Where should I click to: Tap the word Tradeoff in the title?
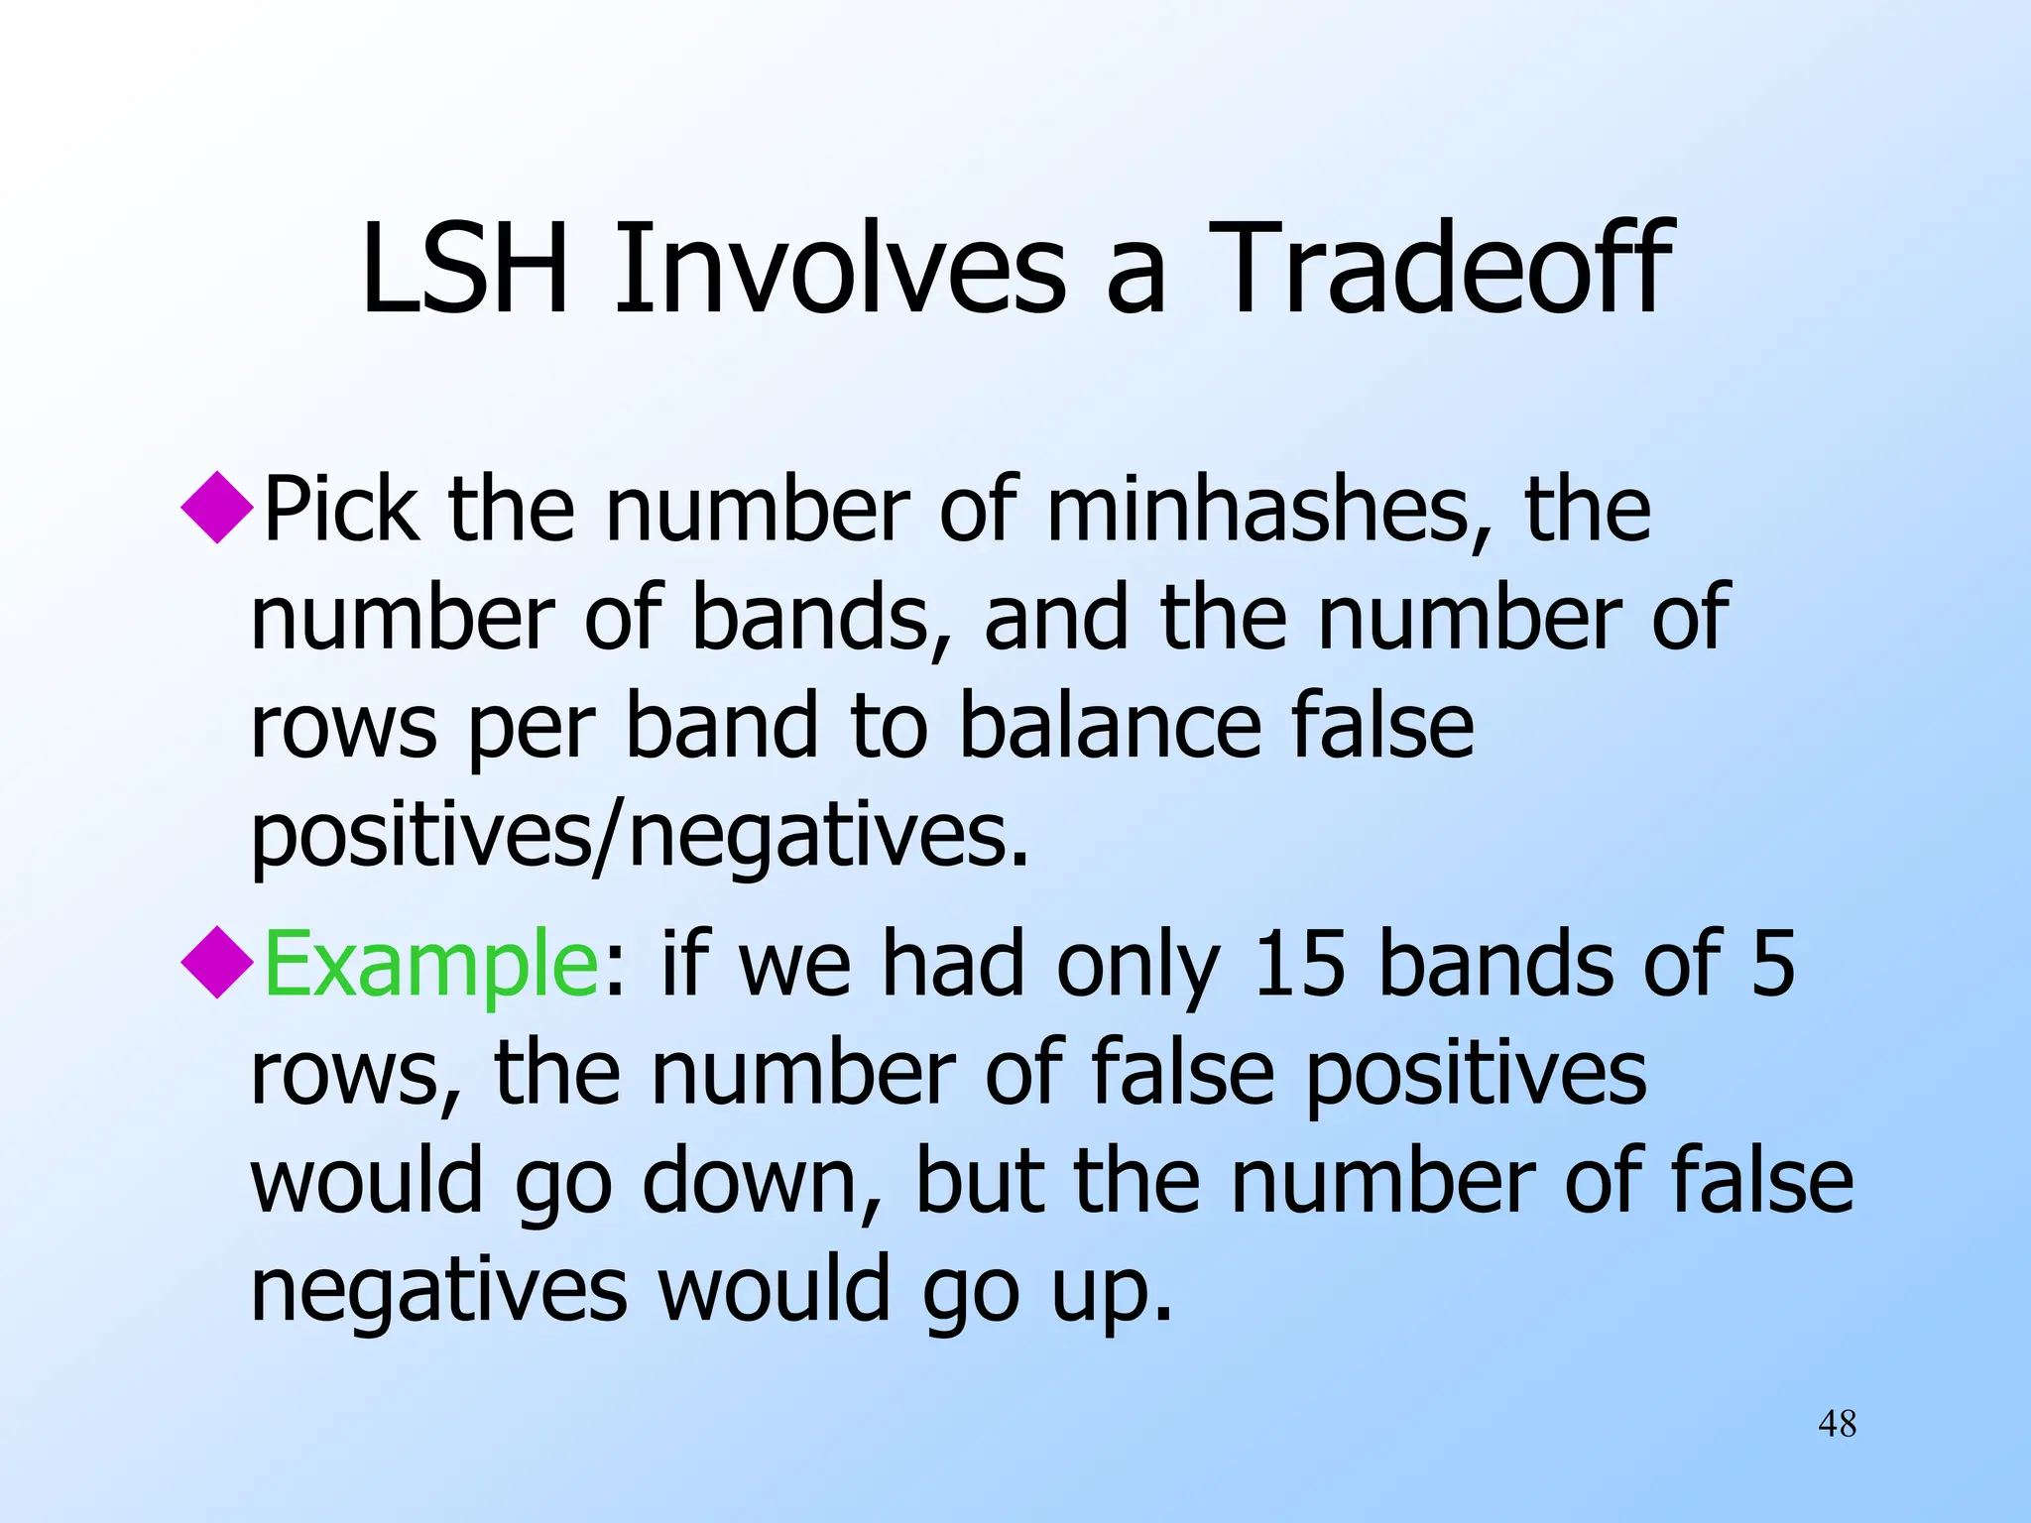click(x=1439, y=270)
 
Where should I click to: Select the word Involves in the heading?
click(x=839, y=270)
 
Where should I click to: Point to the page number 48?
click(x=1837, y=1424)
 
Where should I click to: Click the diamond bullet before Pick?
click(x=218, y=507)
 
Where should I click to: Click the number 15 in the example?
click(x=1298, y=965)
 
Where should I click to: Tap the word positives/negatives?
click(x=639, y=835)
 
